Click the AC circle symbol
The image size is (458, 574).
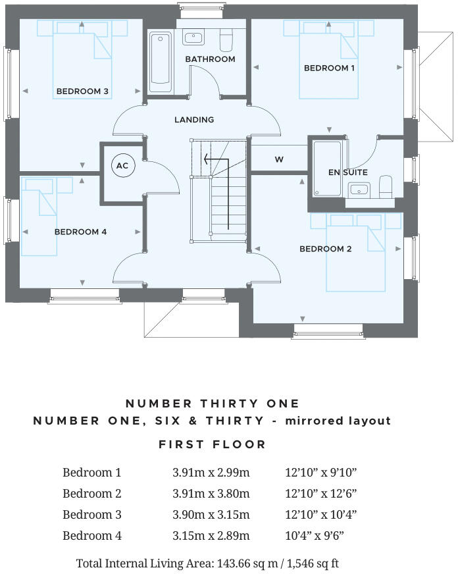pos(122,166)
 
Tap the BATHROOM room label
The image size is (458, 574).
pos(210,59)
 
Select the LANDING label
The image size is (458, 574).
pos(194,120)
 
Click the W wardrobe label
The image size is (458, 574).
pos(279,159)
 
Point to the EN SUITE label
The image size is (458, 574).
pos(348,172)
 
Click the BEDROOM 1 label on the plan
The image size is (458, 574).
pos(329,68)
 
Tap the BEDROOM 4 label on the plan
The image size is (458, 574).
pos(80,232)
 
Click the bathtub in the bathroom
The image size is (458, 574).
pos(160,63)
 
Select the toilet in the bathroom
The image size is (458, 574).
pos(226,40)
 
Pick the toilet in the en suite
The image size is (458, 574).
pos(387,186)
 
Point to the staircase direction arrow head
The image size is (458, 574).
pos(206,159)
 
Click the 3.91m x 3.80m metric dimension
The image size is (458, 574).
pos(211,493)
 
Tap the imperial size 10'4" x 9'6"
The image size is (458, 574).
pos(314,536)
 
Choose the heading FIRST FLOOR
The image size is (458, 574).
pos(212,444)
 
